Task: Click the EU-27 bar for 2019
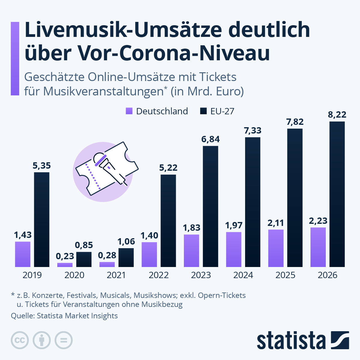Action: [42, 219]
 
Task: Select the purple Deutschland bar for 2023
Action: [191, 250]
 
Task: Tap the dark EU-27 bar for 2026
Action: [337, 194]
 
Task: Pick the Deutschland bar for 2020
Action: [65, 265]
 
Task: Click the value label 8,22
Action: [337, 115]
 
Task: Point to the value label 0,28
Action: [107, 255]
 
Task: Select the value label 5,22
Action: [168, 168]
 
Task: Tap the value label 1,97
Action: [234, 225]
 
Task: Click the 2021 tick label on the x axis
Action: [116, 275]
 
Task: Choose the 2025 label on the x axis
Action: [285, 275]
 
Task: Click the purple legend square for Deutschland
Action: [129, 111]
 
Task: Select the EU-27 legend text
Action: [222, 111]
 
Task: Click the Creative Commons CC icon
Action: [20, 340]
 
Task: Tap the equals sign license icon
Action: [64, 340]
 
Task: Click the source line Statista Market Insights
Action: [77, 316]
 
